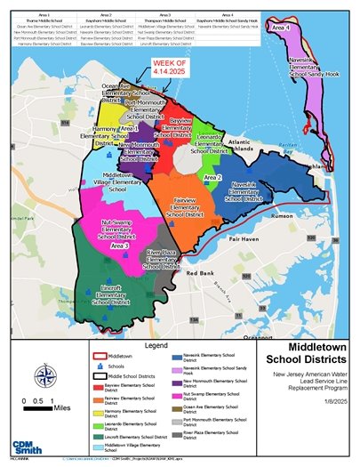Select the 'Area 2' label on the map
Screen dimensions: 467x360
[212, 178]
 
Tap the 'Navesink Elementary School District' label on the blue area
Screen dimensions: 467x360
[244, 190]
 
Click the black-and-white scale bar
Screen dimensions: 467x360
[27, 413]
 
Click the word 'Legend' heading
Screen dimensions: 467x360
[156, 343]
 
